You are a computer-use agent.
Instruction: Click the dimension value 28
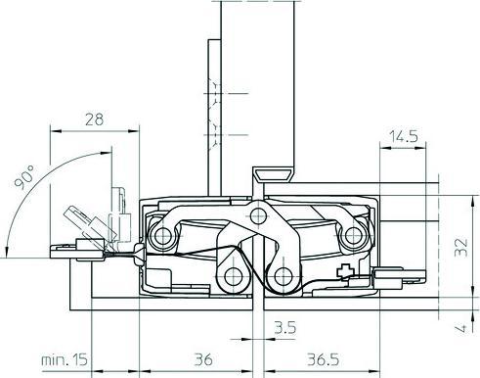point(94,119)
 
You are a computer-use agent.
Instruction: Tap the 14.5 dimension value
point(404,136)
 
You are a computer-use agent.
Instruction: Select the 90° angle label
point(24,177)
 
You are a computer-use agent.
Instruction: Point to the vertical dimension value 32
point(461,248)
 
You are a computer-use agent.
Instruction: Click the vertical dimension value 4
point(462,328)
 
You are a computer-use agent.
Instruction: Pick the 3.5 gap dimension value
point(285,328)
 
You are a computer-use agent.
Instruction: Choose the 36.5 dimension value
point(323,359)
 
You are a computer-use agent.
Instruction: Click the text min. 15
point(65,359)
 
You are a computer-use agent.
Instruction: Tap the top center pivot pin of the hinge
point(258,215)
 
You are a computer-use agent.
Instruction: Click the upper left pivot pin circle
point(162,236)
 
